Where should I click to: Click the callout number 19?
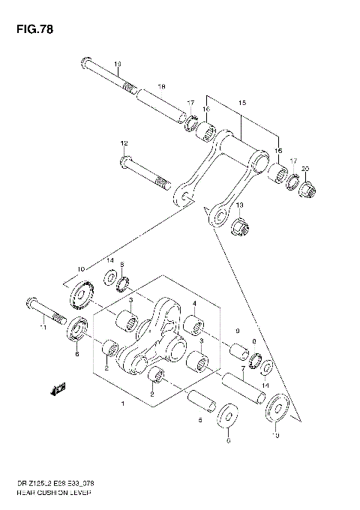click(118, 64)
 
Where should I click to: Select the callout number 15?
click(242, 101)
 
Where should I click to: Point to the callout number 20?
click(304, 168)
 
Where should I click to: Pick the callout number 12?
click(124, 143)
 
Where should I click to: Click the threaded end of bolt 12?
click(163, 181)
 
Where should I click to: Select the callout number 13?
click(240, 205)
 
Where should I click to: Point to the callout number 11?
click(44, 326)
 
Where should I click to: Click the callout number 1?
click(123, 404)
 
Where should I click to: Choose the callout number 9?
click(236, 331)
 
